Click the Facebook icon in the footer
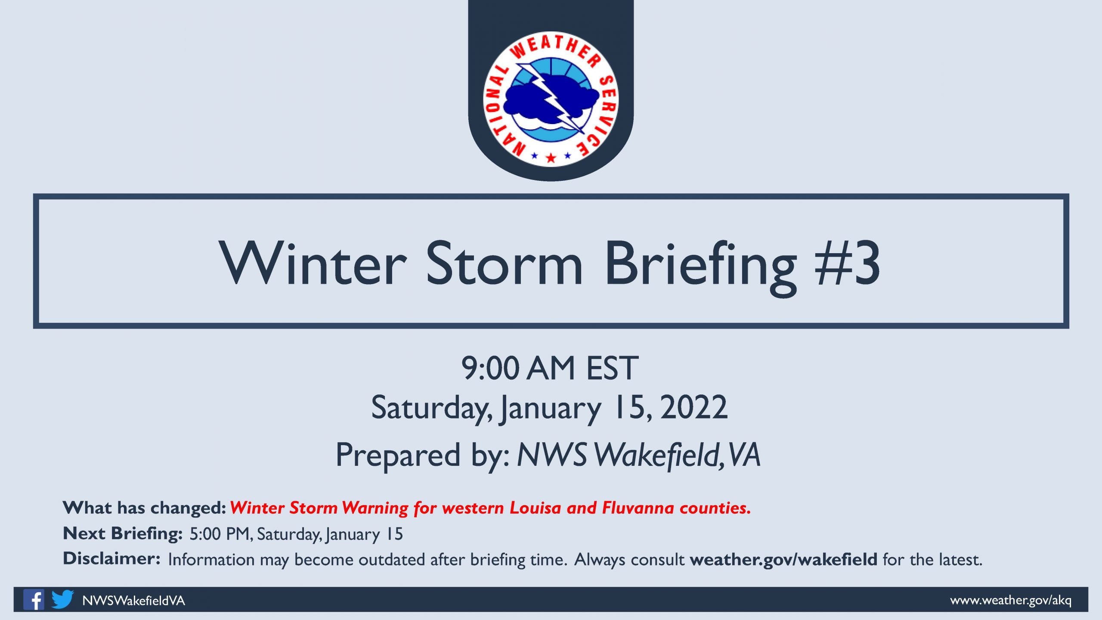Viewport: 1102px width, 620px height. click(34, 599)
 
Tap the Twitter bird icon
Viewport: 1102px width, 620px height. click(62, 599)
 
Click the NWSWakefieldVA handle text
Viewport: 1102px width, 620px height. click(133, 601)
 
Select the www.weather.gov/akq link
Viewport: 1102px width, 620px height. click(1011, 600)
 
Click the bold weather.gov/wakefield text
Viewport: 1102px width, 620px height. click(783, 559)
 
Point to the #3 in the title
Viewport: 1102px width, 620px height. click(847, 263)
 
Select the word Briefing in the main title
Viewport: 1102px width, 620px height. click(700, 267)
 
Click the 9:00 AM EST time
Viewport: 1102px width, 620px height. click(550, 368)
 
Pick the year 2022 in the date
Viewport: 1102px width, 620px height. click(693, 407)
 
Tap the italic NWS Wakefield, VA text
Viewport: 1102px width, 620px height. click(638, 455)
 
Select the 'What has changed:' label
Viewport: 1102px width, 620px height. click(144, 508)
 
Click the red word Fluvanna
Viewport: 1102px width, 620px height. click(638, 508)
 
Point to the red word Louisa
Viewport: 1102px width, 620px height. click(536, 508)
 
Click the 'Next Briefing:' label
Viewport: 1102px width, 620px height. click(123, 534)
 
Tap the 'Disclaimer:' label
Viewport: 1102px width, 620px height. click(111, 558)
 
